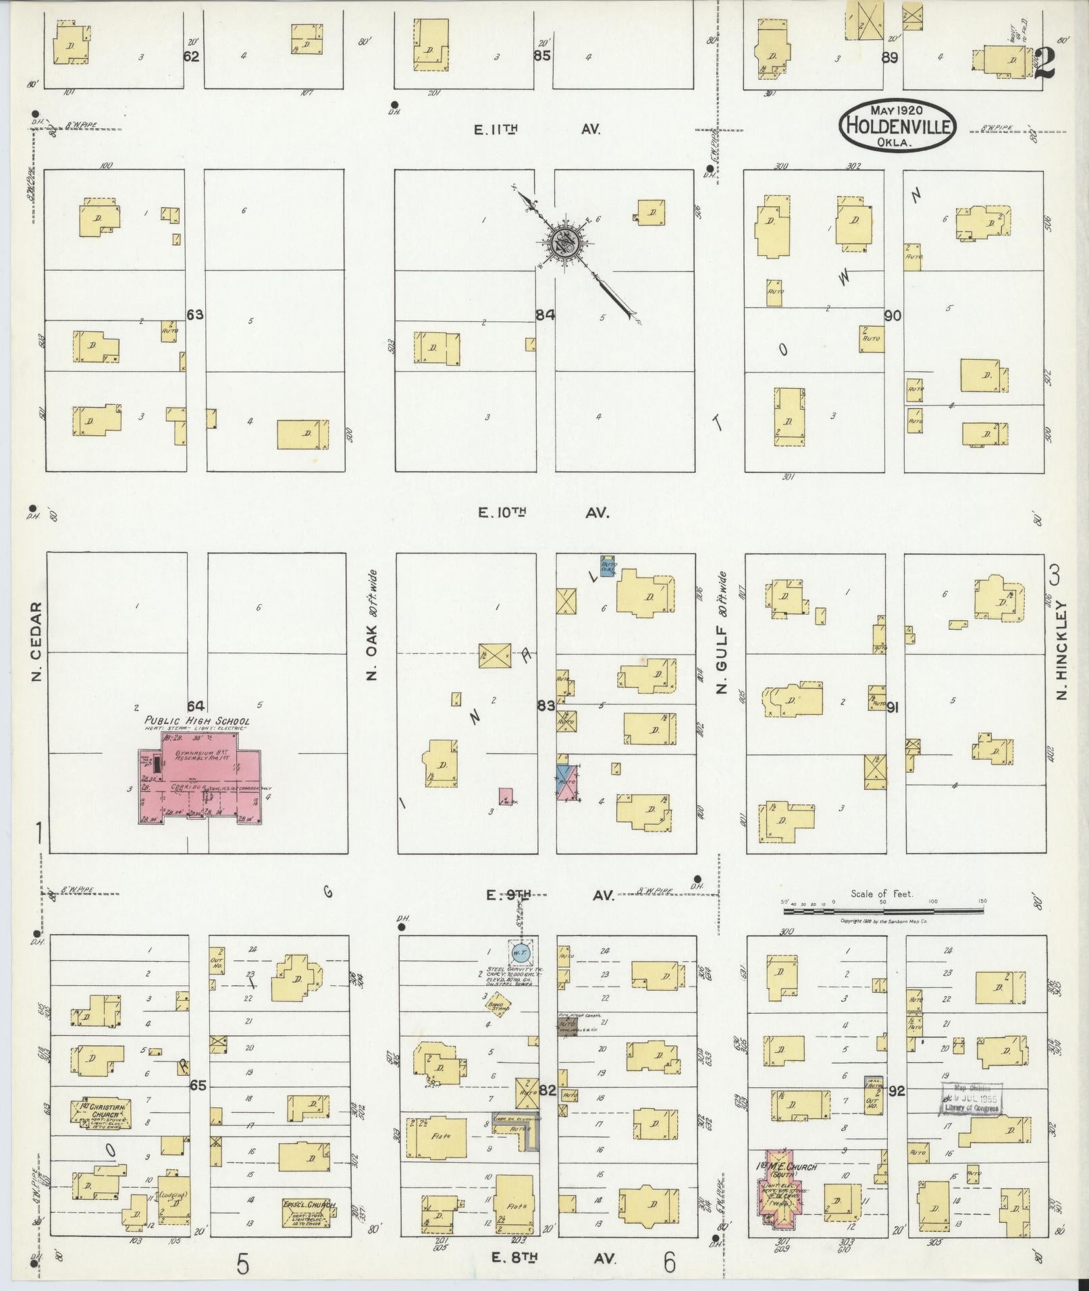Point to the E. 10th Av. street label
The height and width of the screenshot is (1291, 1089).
tap(543, 513)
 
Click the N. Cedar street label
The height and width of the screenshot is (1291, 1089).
tap(36, 640)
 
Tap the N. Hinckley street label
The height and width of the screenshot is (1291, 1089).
tap(1061, 650)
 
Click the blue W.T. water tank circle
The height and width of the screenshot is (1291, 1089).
tap(520, 953)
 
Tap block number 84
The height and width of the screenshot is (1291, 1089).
tap(545, 314)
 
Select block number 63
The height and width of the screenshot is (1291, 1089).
tap(195, 314)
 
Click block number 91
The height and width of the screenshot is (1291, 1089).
tap(894, 707)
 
